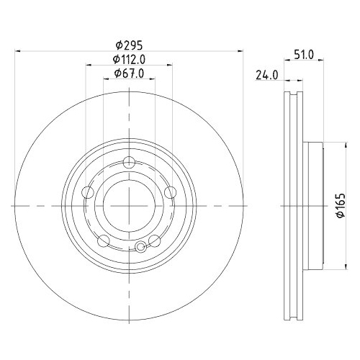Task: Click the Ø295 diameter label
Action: coord(128,45)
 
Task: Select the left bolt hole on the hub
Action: coord(88,192)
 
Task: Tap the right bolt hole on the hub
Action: coord(171,192)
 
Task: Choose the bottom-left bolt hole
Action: coord(104,240)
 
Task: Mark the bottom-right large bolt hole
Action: coord(154,240)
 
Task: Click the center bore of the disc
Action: coord(129,205)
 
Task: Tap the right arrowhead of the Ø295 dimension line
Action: coord(240,50)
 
